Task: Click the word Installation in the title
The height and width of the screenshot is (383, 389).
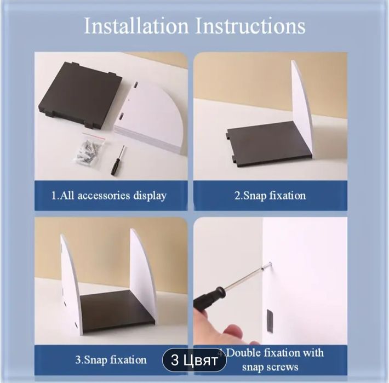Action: (136, 26)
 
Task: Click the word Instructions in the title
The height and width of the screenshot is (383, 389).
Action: (250, 26)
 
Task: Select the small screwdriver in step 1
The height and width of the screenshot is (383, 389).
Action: (118, 160)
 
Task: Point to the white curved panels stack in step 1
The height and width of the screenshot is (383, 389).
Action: (148, 117)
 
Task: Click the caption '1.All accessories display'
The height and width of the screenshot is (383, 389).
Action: (108, 196)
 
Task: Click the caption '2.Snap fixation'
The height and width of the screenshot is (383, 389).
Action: (270, 196)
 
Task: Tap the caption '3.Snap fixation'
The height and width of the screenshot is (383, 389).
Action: (111, 359)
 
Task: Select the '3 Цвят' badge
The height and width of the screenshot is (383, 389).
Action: (195, 360)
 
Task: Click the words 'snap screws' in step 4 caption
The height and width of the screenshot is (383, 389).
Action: (270, 367)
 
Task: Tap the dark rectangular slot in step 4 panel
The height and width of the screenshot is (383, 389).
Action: (270, 320)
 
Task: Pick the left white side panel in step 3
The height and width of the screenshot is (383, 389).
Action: (70, 284)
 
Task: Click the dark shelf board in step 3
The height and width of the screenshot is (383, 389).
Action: (116, 310)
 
